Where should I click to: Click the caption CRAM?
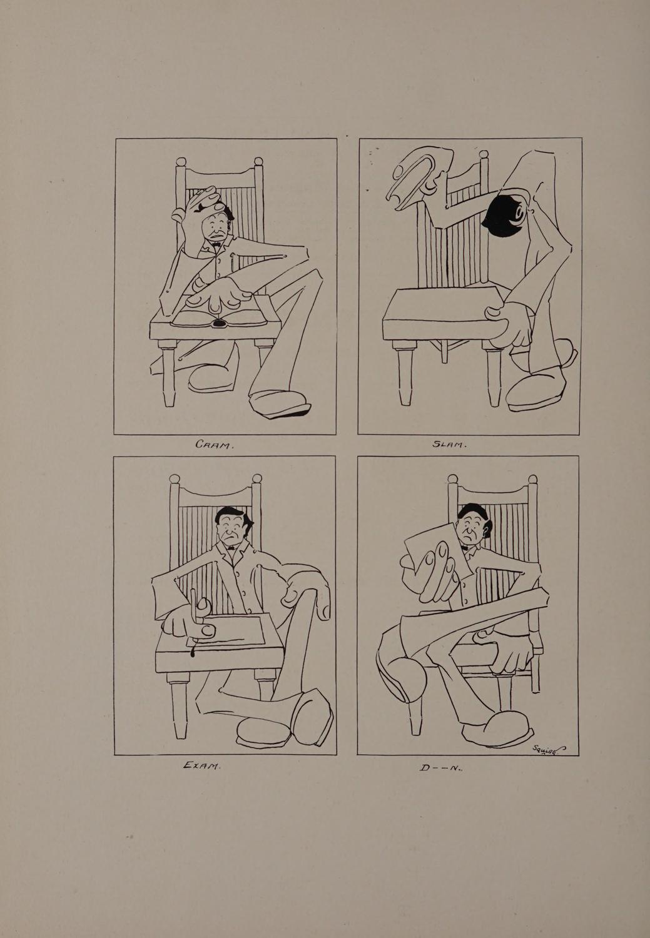pos(213,445)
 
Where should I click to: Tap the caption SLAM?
pos(449,444)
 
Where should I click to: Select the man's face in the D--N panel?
pos(470,528)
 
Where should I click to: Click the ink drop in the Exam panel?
pos(193,652)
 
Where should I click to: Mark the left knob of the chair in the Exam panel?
pos(174,478)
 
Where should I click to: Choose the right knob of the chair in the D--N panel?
pos(533,478)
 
